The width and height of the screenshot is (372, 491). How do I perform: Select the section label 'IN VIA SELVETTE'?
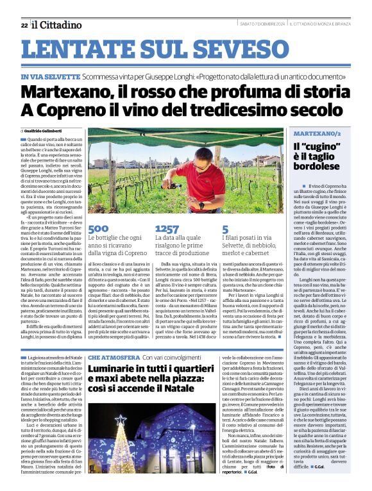click(49, 77)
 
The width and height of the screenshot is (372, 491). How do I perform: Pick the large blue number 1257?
click(167, 229)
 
